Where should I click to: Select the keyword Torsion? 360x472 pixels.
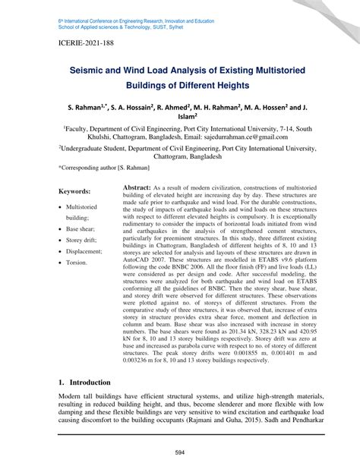(77, 262)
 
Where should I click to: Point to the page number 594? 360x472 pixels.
(180, 454)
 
